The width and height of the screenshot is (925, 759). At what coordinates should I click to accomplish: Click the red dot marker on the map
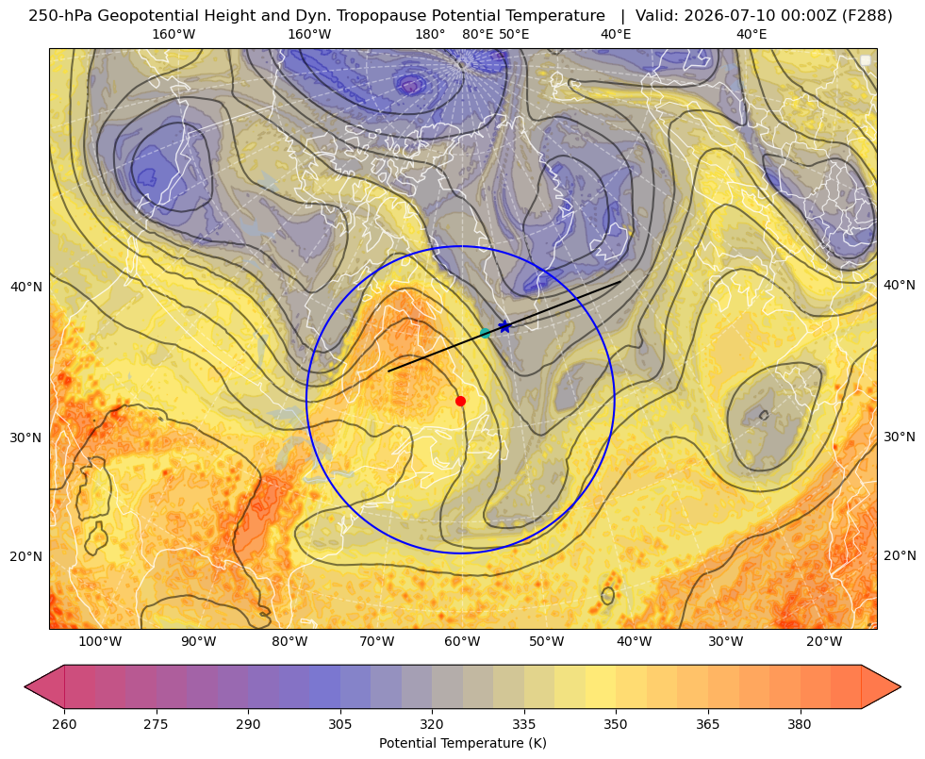(461, 401)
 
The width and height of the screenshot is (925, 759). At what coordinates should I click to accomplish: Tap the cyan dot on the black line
(485, 333)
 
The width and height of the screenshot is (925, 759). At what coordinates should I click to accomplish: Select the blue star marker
(505, 326)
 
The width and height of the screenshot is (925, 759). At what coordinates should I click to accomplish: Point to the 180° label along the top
(430, 34)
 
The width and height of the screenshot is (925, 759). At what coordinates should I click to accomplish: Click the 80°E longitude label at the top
(478, 34)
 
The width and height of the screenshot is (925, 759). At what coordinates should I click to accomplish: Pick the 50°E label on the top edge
(514, 34)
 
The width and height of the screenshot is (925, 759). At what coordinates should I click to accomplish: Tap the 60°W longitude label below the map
(462, 642)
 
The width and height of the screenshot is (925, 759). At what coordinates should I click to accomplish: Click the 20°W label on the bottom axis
(824, 642)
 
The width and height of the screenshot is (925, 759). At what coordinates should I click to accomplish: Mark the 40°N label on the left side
(26, 288)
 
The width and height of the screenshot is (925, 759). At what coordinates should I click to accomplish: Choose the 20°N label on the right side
(900, 555)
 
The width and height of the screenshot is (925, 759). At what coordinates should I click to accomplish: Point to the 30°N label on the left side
(26, 437)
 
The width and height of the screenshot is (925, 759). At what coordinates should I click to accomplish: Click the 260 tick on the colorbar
(64, 724)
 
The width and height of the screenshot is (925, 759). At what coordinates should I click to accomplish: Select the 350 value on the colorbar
(616, 724)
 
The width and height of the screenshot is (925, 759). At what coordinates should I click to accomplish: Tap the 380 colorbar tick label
(800, 724)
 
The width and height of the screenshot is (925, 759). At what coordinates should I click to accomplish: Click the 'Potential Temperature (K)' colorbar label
(462, 743)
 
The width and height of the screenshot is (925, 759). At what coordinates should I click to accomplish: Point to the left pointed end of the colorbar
(25, 686)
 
